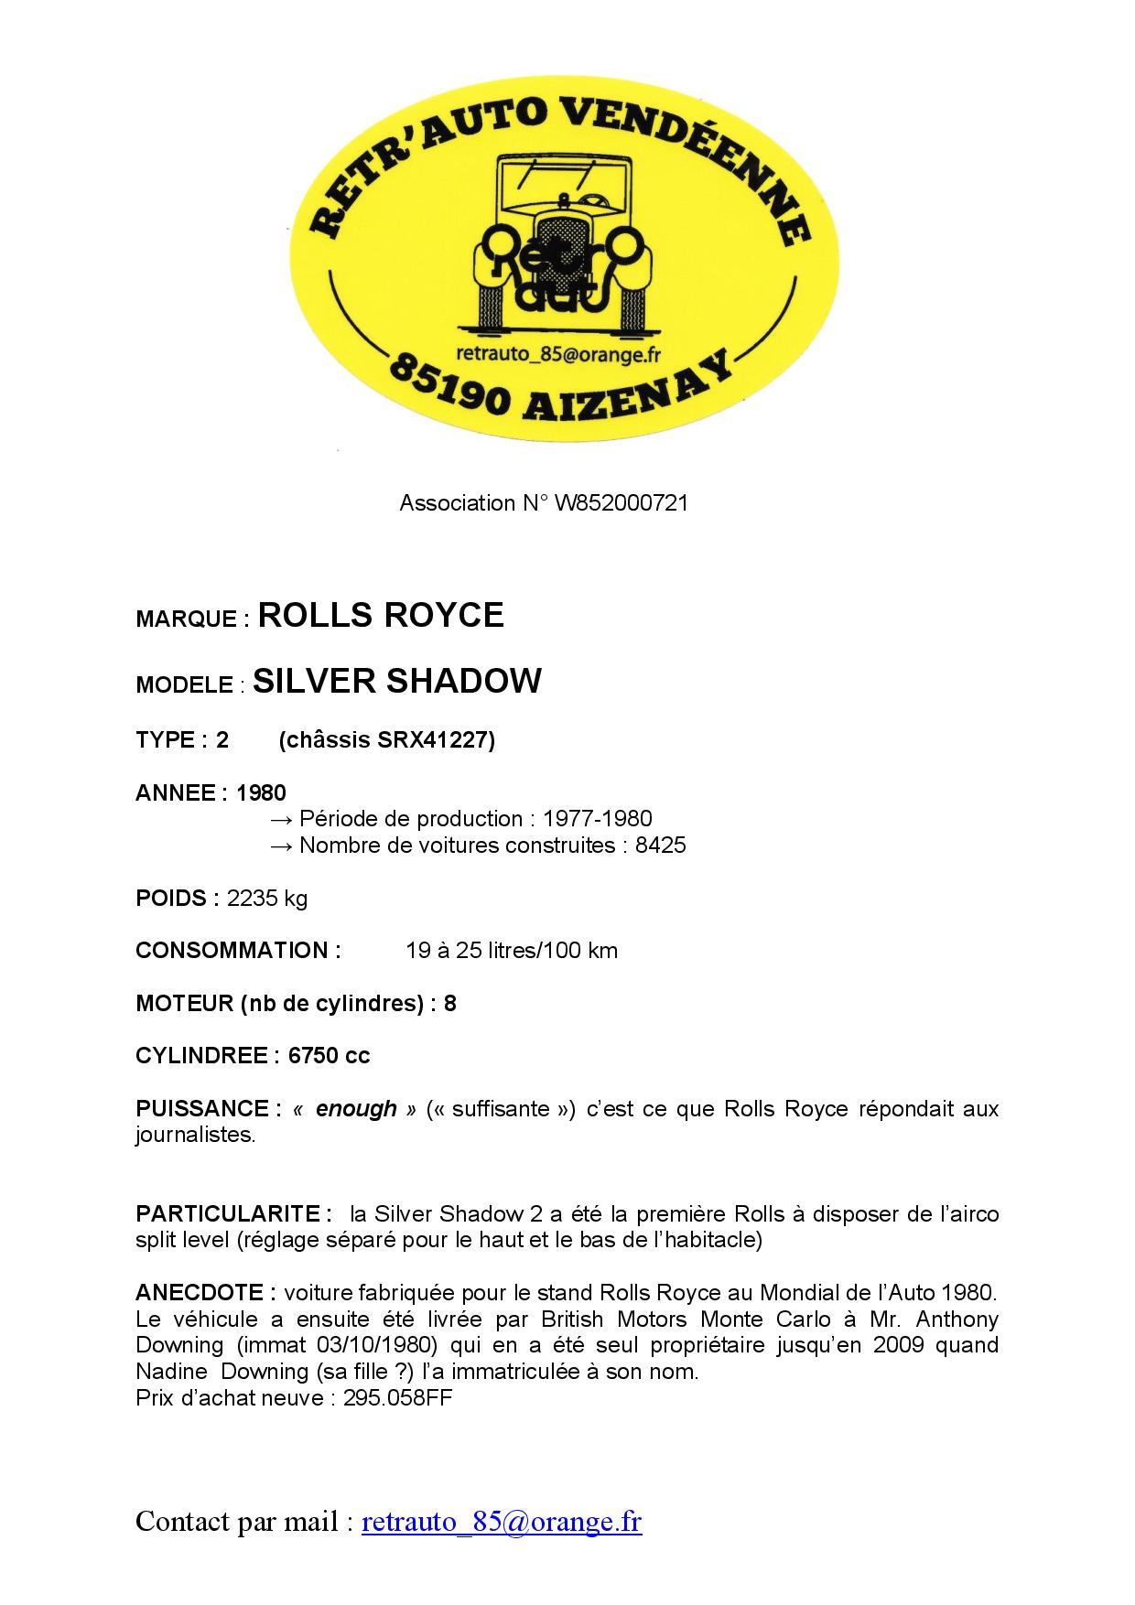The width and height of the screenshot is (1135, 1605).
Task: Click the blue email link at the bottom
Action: (x=502, y=1522)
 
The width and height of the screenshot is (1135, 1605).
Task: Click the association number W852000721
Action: (x=622, y=502)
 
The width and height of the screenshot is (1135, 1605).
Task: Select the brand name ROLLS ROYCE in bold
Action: (x=381, y=615)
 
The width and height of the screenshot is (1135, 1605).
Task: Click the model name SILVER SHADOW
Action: (x=397, y=681)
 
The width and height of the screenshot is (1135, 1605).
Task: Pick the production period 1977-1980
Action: (x=597, y=818)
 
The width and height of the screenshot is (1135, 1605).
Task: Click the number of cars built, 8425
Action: (x=660, y=845)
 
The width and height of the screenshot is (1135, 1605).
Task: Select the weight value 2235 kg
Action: (x=267, y=898)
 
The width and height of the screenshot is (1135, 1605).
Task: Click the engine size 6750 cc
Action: (x=329, y=1055)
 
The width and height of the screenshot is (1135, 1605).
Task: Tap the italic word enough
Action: (x=356, y=1108)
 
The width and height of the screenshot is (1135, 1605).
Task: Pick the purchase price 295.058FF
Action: (x=398, y=1397)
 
